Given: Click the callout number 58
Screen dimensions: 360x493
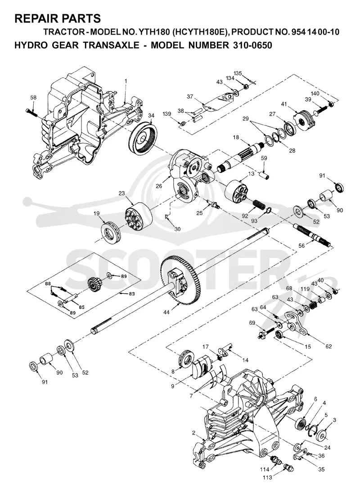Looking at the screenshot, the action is click(x=33, y=98).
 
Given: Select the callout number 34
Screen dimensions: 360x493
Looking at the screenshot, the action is click(x=151, y=116).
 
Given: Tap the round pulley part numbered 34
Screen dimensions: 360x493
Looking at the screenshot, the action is click(x=143, y=138).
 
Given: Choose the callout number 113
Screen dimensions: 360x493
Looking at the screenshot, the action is click(x=268, y=486).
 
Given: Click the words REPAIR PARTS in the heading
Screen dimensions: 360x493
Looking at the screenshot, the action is click(x=58, y=18).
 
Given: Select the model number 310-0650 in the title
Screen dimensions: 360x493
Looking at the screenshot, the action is click(x=251, y=45).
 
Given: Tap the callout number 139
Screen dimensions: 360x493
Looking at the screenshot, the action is click(x=167, y=113).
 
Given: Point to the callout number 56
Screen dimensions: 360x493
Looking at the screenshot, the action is click(x=301, y=246).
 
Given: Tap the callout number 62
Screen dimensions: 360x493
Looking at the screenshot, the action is click(x=328, y=346).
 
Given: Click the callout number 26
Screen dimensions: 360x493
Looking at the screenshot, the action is click(x=159, y=186).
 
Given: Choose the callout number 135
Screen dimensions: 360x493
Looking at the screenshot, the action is click(x=238, y=74).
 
